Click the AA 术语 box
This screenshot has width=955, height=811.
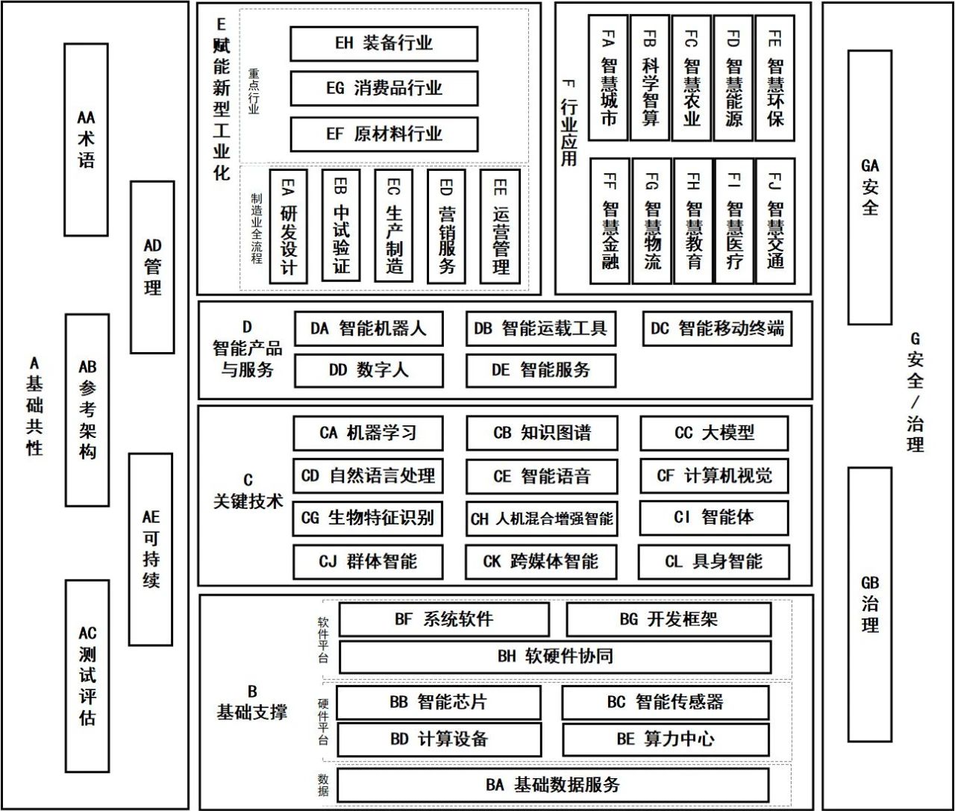[86, 140]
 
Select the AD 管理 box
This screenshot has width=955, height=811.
[152, 266]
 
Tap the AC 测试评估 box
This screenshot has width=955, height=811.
[87, 676]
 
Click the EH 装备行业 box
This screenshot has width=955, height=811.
[383, 44]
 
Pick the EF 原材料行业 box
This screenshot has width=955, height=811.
[383, 134]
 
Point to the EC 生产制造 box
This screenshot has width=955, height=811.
[394, 226]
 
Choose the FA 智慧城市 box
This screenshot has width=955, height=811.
[608, 78]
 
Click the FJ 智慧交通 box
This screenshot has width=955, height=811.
[774, 220]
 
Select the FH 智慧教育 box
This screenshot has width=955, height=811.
[692, 220]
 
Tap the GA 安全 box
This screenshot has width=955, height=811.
[870, 187]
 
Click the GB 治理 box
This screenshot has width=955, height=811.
[870, 604]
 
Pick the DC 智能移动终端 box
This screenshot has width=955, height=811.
[716, 329]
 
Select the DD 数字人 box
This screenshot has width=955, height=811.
[369, 371]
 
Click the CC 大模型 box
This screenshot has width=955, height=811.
[714, 433]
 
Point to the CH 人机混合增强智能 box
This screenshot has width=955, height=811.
[542, 519]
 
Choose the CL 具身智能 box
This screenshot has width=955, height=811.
[713, 562]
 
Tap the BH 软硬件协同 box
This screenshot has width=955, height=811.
[555, 657]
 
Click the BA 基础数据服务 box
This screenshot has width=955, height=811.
[553, 785]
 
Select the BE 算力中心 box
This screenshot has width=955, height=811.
[665, 739]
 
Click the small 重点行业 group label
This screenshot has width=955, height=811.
[254, 92]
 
